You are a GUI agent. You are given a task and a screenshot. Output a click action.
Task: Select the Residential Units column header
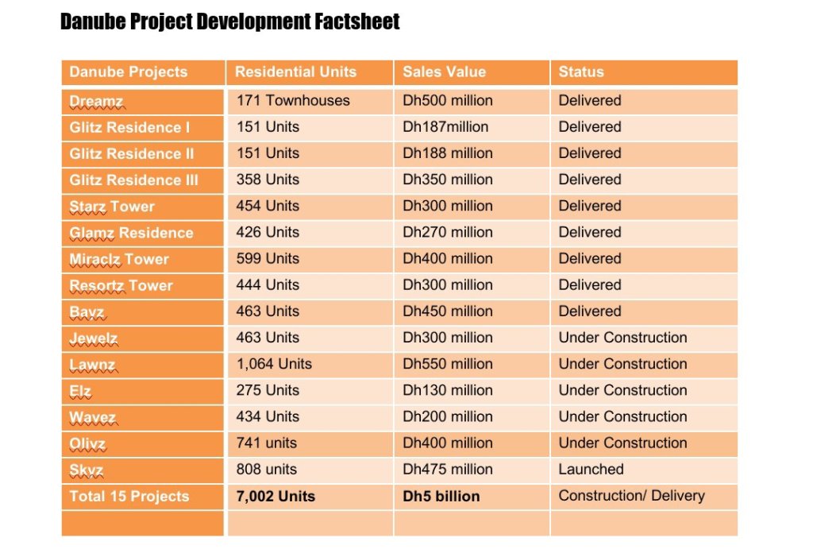tap(295, 72)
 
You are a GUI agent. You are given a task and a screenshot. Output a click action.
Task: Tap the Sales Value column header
tap(445, 72)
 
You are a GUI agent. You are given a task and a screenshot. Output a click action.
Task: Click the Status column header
tap(580, 72)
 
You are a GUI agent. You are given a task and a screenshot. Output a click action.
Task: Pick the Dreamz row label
tap(96, 102)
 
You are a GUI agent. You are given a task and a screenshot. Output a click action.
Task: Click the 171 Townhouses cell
tap(293, 100)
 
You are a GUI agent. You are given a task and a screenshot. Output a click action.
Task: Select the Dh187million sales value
tap(445, 126)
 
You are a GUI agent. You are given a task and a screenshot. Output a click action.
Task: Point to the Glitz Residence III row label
tap(133, 180)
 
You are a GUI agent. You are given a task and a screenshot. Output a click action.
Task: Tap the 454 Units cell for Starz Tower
tap(268, 206)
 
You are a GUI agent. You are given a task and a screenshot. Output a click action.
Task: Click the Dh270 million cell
tap(448, 232)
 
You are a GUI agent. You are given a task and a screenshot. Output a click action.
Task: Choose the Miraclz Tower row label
tap(119, 259)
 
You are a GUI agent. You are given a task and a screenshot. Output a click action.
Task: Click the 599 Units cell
tap(268, 258)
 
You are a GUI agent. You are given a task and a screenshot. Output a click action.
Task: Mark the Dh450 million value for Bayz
tap(448, 311)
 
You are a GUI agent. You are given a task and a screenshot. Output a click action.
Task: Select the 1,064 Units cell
tap(274, 363)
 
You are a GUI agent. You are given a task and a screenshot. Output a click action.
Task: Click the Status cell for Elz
tap(622, 390)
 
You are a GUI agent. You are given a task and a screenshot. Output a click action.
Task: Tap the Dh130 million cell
tap(448, 390)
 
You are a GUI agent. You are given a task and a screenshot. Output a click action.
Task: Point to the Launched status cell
tap(591, 470)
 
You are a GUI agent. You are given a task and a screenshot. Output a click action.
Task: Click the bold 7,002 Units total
tap(275, 497)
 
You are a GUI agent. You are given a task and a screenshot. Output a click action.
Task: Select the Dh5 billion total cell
tap(441, 497)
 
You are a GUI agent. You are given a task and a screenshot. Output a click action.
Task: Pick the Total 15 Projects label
tap(129, 497)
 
